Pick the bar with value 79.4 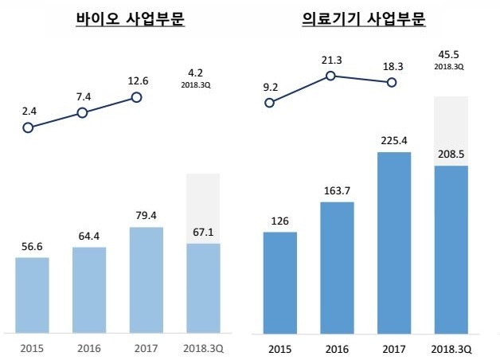tap(146, 279)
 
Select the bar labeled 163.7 tap(336, 267)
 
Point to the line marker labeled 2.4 tap(29, 127)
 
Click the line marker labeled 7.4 tap(82, 113)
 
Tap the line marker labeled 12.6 tap(136, 97)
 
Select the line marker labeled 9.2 tap(271, 104)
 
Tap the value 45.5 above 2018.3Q tap(449, 56)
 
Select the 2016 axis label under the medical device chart tap(336, 349)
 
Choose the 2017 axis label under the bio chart tap(146, 349)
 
